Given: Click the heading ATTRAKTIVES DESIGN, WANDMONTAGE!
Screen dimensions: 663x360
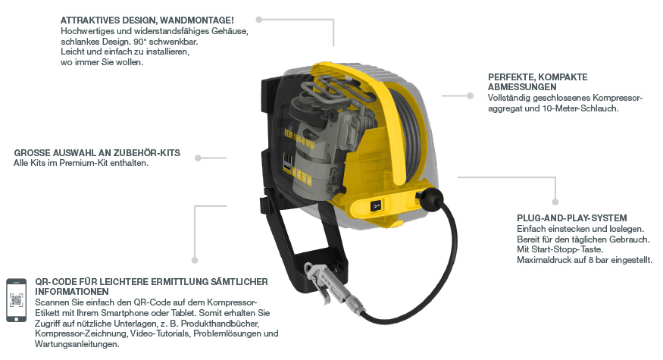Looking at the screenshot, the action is pos(147,20).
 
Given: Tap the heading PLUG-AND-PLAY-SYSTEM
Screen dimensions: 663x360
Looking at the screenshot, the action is pos(571,218).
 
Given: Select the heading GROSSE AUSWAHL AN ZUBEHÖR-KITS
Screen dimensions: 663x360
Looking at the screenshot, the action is pos(97,152).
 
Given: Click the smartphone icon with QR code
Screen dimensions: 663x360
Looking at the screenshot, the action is pos(16,300).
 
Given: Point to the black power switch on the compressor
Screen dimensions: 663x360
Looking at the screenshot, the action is pos(376,206).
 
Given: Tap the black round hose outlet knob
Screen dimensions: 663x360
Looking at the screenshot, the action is pos(432,199).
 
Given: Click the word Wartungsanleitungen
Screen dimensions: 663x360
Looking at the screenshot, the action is pos(77,344).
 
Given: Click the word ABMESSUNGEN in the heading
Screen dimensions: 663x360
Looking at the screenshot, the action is pos(522,87).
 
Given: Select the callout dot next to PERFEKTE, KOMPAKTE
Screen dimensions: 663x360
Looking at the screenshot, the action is pos(471,96).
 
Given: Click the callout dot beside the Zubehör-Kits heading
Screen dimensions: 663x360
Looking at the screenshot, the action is pos(198,158).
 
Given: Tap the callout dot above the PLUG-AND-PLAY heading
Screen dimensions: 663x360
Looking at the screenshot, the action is pos(555,202).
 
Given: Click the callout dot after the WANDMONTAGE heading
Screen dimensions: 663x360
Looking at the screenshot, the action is pos(259,20).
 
